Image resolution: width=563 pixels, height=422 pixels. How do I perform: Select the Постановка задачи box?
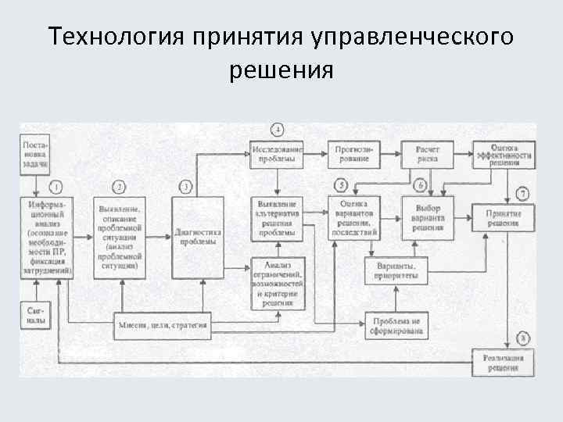point(36,153)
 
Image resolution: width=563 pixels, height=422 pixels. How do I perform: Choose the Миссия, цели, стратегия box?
point(163,324)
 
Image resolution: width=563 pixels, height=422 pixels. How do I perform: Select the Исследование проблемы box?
point(277,152)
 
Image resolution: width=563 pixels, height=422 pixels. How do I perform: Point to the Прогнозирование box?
point(357,152)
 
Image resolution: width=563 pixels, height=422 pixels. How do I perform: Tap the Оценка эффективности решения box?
point(503,154)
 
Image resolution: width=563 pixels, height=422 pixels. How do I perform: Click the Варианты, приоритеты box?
point(396,270)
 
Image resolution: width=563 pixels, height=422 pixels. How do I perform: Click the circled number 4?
point(277,129)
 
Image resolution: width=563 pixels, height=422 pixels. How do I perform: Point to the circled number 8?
point(523,338)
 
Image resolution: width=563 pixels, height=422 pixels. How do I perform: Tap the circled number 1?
point(56,187)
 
